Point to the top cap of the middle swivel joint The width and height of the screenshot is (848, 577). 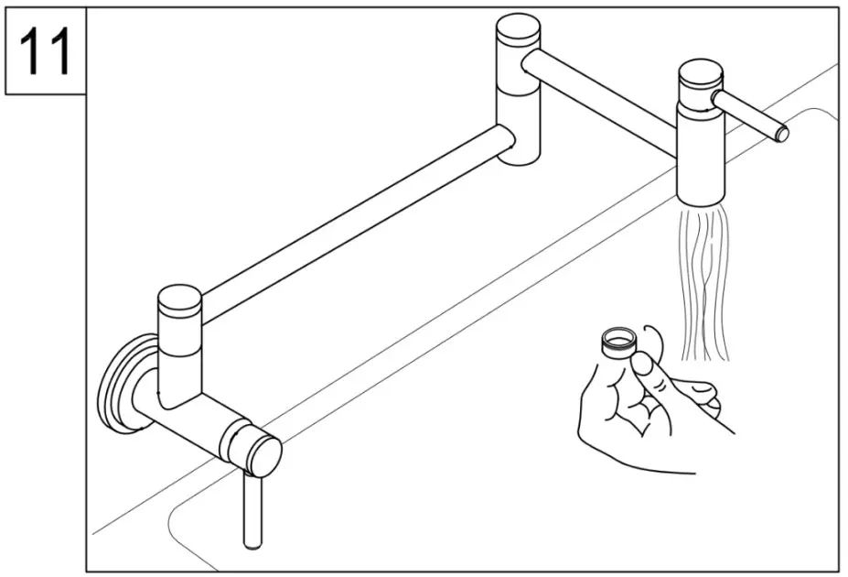519,27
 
